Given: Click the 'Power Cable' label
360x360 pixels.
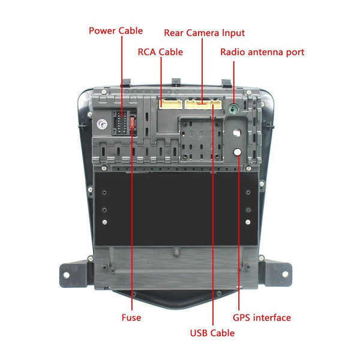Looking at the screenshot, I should [x=116, y=31].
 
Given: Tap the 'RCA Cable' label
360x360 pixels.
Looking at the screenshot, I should [x=160, y=52].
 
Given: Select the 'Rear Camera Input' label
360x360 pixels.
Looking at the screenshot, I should [x=204, y=33].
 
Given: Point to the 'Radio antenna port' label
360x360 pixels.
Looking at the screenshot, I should [x=262, y=52].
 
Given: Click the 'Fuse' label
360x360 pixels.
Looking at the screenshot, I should [x=131, y=317].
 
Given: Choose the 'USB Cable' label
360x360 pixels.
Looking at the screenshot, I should [x=212, y=332].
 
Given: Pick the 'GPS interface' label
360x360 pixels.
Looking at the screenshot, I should [x=262, y=317].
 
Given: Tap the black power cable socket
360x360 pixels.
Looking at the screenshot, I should [x=119, y=122].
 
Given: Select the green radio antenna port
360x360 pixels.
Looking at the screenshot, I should [x=234, y=109].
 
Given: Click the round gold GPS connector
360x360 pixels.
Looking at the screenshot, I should [x=238, y=152].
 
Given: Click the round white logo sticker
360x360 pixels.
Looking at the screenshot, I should [x=102, y=125].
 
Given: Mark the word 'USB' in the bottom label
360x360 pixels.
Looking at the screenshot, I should [x=200, y=332].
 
